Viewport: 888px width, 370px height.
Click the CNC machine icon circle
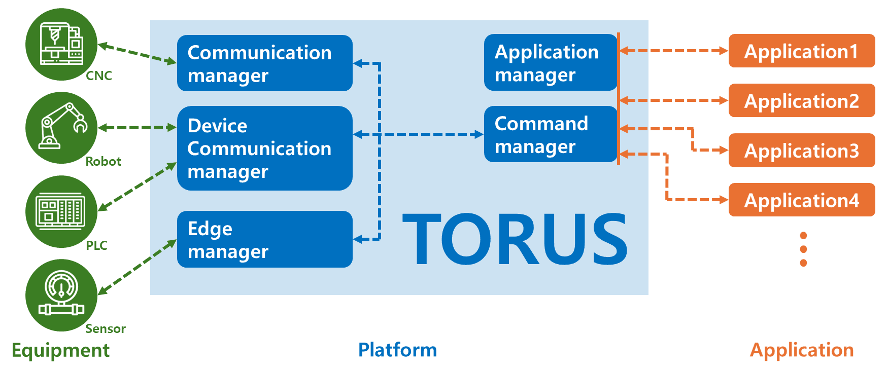(61, 45)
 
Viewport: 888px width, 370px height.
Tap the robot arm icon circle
(61, 128)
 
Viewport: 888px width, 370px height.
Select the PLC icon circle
(61, 211)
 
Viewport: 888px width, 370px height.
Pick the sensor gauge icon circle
(61, 295)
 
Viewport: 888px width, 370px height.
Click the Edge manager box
(264, 239)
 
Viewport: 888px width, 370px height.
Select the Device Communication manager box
(264, 148)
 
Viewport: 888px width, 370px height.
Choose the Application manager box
(551, 62)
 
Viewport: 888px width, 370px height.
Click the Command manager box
(551, 134)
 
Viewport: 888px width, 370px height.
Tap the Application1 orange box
(802, 51)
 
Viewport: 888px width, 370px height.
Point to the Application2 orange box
(802, 100)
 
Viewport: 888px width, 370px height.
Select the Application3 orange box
(802, 150)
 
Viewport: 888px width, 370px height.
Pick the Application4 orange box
(802, 200)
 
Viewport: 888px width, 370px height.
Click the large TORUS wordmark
(515, 239)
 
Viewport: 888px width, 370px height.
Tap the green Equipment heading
(60, 350)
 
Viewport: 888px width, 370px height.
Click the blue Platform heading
(397, 350)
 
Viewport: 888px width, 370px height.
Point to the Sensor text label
(105, 329)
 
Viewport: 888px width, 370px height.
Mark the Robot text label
(103, 162)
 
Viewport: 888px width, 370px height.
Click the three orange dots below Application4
(803, 249)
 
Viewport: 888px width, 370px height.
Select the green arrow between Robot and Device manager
(137, 128)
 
